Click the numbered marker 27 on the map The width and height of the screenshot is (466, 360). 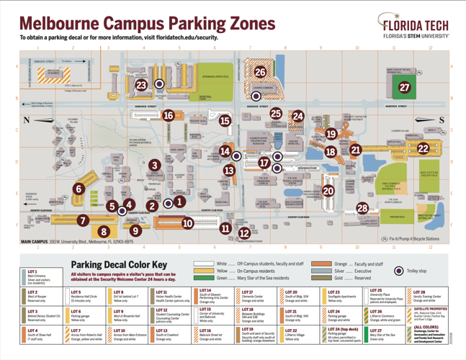click(404, 87)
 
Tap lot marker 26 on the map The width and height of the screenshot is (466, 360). click(260, 71)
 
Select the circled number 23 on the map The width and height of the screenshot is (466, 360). click(141, 85)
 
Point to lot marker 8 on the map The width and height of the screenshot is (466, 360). click(104, 231)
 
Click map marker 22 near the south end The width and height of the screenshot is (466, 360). click(423, 148)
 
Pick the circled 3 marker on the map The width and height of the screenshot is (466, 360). click(155, 166)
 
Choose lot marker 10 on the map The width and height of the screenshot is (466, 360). click(188, 223)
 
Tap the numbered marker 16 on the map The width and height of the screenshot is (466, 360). click(169, 114)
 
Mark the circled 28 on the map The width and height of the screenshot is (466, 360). click(362, 208)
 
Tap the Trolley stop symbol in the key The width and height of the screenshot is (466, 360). click(399, 271)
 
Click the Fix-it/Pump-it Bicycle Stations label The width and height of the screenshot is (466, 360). click(413, 238)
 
